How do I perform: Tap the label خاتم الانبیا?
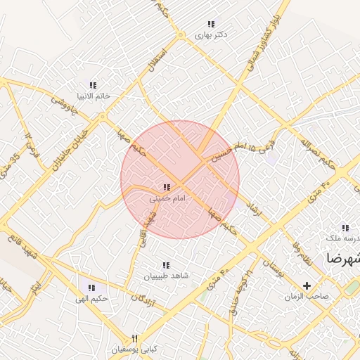coord(93,96)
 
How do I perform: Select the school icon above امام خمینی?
coord(167,188)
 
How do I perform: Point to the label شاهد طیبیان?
coord(167,276)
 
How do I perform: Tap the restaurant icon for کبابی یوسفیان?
coord(135,338)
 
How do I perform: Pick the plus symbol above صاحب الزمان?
coord(307,285)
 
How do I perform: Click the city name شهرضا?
coord(342,259)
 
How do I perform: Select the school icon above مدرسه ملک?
coord(345,228)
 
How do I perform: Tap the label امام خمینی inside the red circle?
coord(167,199)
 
